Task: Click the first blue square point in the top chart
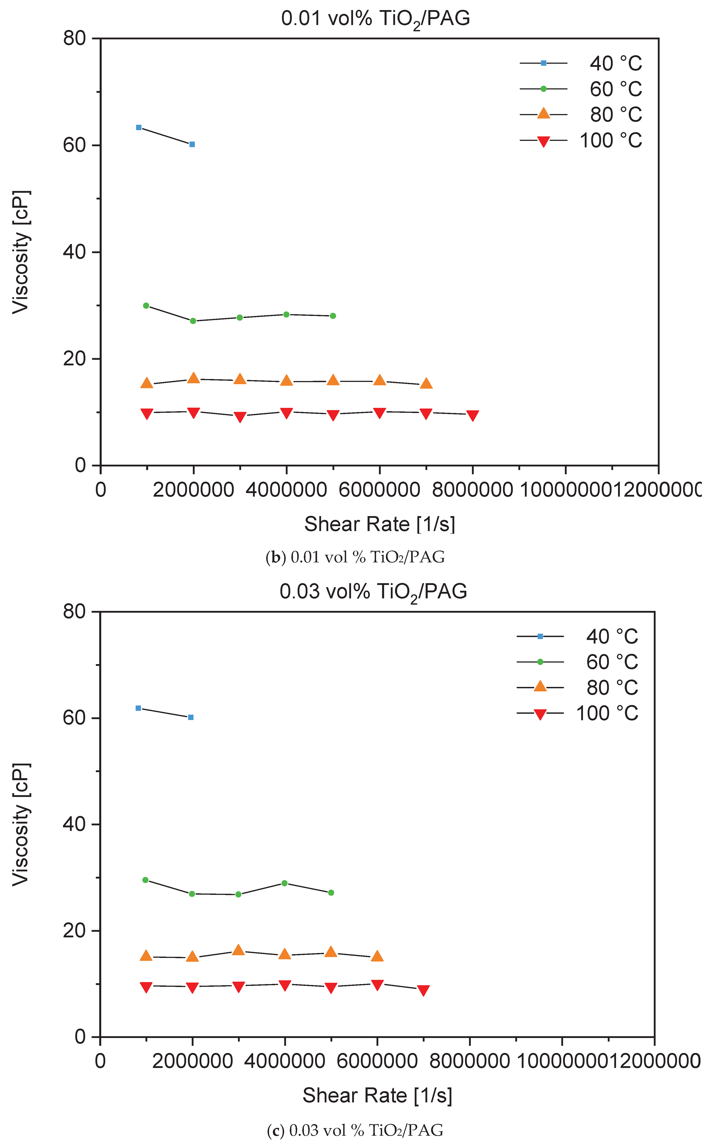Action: point(139,127)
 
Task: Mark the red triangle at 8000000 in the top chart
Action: point(473,415)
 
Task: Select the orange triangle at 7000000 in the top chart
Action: point(426,383)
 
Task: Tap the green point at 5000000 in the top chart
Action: point(333,316)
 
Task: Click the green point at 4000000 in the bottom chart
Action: point(284,883)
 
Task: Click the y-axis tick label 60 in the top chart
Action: point(74,145)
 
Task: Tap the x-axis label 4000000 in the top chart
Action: point(286,490)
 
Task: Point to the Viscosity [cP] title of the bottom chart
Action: point(21,824)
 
